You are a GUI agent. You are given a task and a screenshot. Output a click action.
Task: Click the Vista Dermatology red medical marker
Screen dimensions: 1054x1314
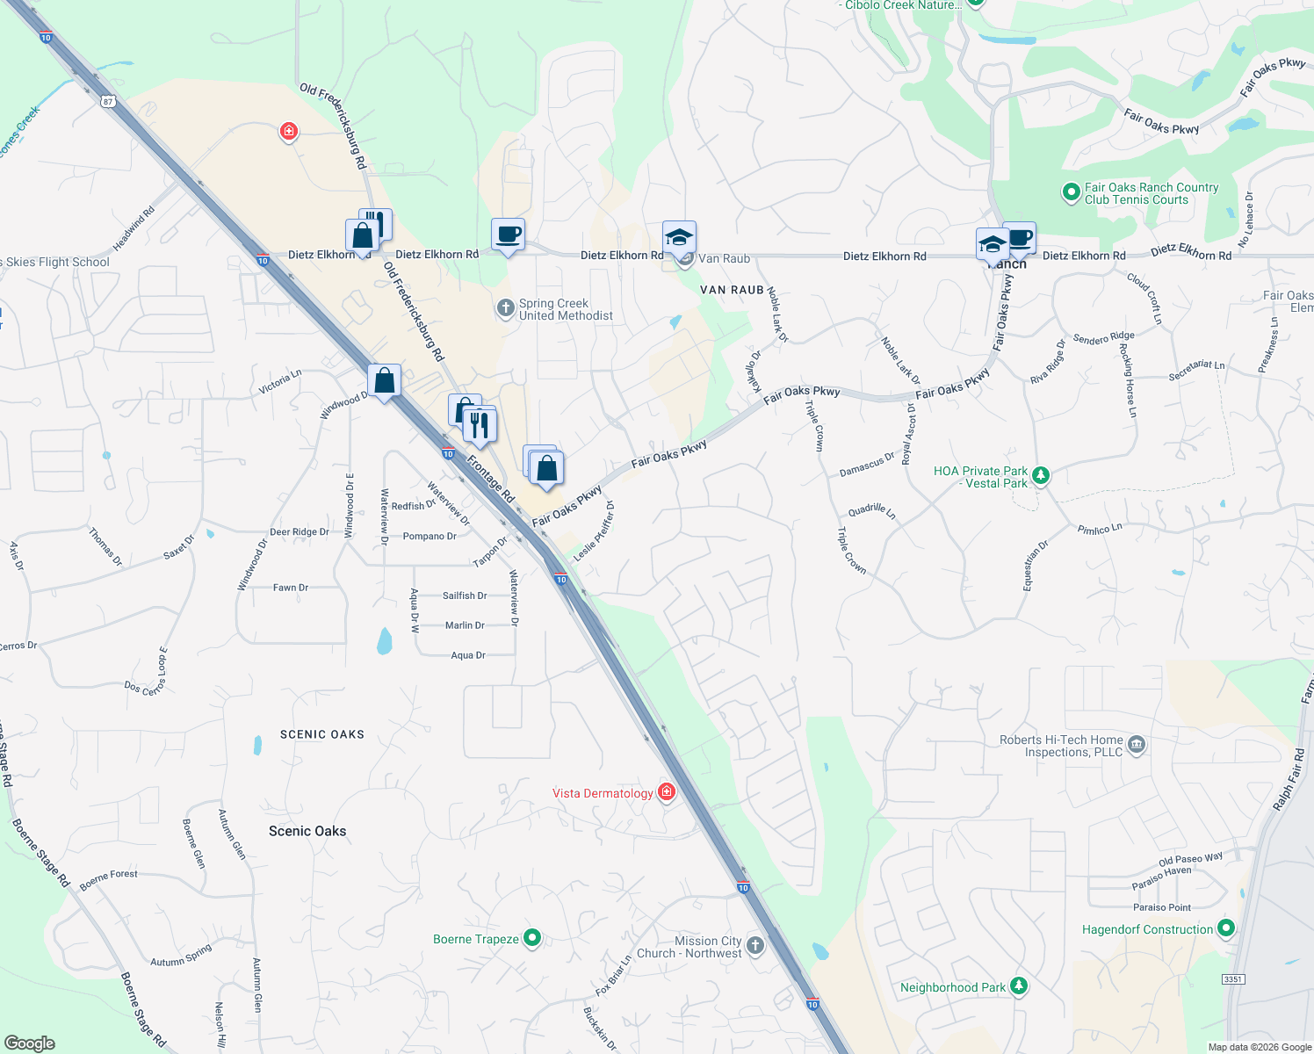click(x=667, y=792)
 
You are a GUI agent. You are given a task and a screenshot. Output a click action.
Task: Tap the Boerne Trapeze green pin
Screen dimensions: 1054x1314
click(x=531, y=938)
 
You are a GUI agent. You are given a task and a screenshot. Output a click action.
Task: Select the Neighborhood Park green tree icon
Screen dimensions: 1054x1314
click(x=1018, y=986)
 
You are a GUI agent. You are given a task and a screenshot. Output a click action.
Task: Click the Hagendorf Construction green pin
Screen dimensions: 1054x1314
click(x=1226, y=928)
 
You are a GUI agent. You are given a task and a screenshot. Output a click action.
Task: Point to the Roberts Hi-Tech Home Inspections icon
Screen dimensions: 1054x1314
click(x=1136, y=746)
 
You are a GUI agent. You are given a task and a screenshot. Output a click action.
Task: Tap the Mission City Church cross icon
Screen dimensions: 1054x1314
click(x=755, y=946)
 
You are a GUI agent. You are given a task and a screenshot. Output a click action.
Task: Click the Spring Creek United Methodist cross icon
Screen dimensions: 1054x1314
click(x=505, y=308)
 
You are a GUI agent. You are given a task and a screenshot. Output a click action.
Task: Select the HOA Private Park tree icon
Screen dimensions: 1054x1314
click(x=1040, y=476)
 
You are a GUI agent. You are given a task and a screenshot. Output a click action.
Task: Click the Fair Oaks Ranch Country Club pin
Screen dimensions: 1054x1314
click(x=1071, y=192)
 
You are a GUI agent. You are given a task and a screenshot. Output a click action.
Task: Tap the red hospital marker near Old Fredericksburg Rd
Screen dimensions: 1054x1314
click(x=288, y=132)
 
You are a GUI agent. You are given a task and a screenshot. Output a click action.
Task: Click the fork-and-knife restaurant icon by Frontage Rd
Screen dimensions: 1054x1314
click(x=480, y=425)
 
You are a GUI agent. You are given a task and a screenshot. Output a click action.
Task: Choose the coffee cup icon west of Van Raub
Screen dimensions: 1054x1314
click(x=508, y=235)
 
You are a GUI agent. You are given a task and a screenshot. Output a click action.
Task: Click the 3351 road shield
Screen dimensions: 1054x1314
click(x=1233, y=978)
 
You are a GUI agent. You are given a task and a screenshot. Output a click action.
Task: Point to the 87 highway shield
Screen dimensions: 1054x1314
click(x=108, y=101)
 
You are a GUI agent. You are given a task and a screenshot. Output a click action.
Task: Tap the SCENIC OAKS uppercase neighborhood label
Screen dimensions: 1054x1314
click(x=321, y=734)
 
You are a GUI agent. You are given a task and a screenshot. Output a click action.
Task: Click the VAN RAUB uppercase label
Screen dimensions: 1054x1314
click(x=732, y=290)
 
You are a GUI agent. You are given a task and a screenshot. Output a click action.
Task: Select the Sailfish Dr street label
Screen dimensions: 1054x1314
click(x=465, y=596)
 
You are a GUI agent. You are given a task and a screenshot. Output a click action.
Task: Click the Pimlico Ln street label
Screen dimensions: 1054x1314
click(x=1100, y=529)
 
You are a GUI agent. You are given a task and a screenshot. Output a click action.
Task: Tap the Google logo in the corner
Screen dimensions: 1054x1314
click(x=29, y=1043)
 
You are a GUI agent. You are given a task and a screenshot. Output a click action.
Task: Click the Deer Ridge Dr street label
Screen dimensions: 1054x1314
click(x=299, y=532)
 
